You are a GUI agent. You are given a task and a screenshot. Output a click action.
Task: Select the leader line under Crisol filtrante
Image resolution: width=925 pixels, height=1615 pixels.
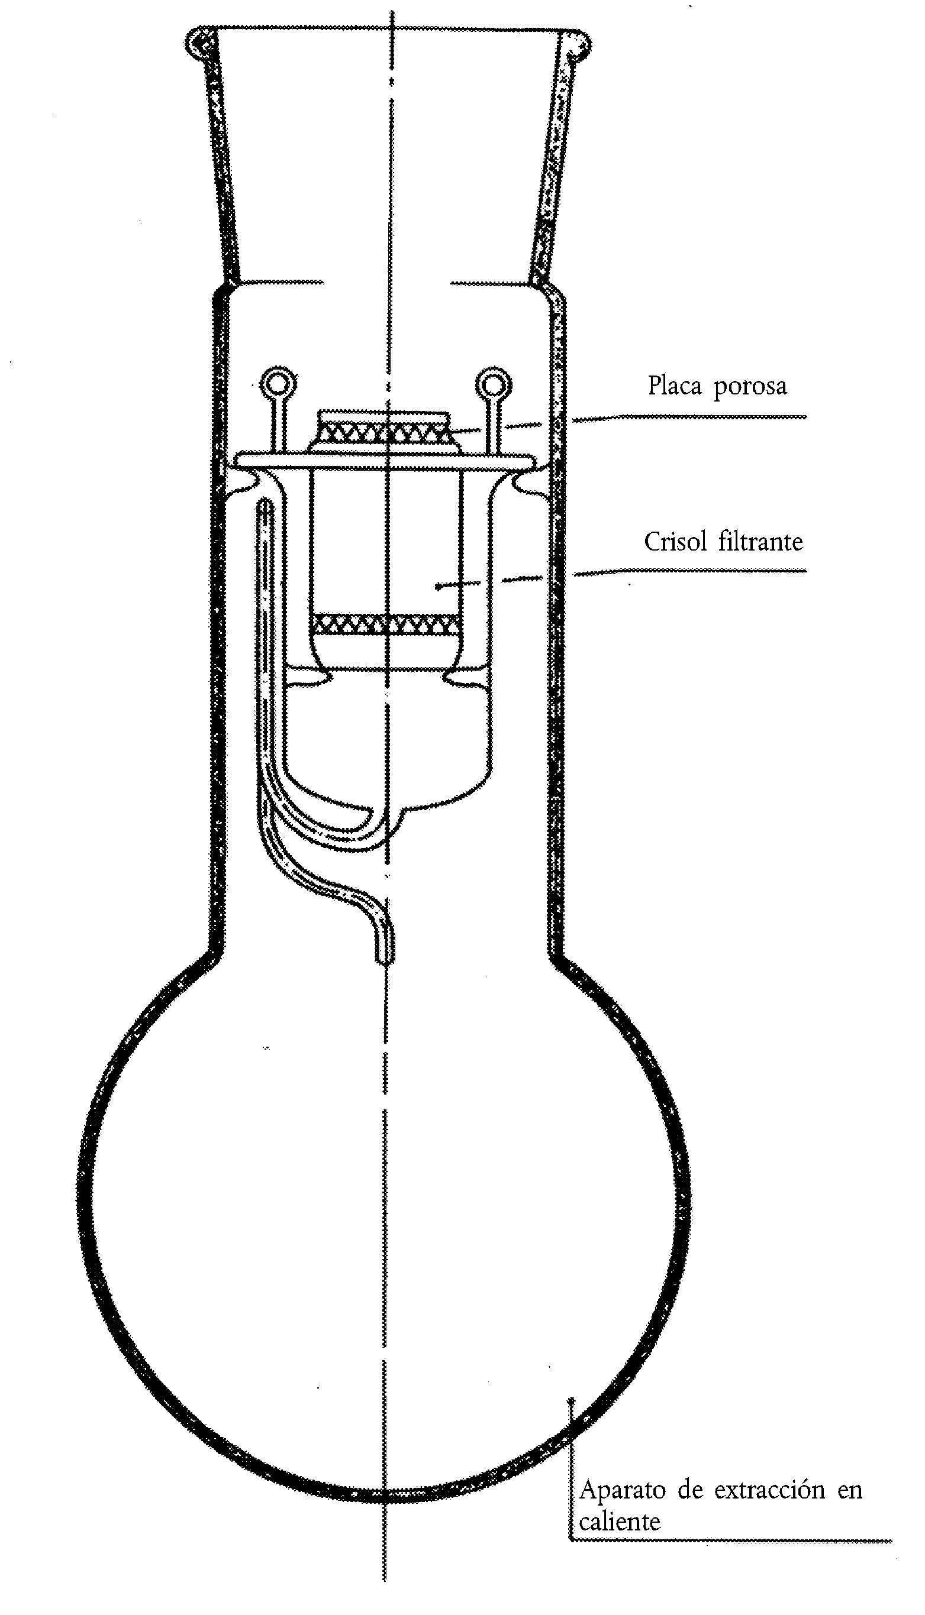[690, 572]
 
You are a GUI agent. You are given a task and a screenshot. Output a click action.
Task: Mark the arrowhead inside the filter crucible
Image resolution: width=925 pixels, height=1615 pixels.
[439, 587]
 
